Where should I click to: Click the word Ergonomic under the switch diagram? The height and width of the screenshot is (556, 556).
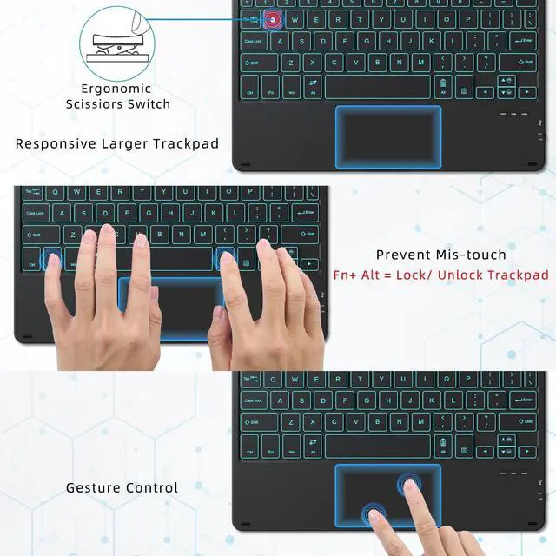click(116, 89)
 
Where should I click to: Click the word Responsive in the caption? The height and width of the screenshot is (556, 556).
click(56, 143)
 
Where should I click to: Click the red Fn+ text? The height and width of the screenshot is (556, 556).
click(347, 275)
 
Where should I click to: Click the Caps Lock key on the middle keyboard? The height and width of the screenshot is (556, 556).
click(36, 214)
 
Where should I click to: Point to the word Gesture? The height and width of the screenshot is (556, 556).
click(93, 487)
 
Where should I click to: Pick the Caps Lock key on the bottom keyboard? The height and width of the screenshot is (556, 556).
click(255, 400)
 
